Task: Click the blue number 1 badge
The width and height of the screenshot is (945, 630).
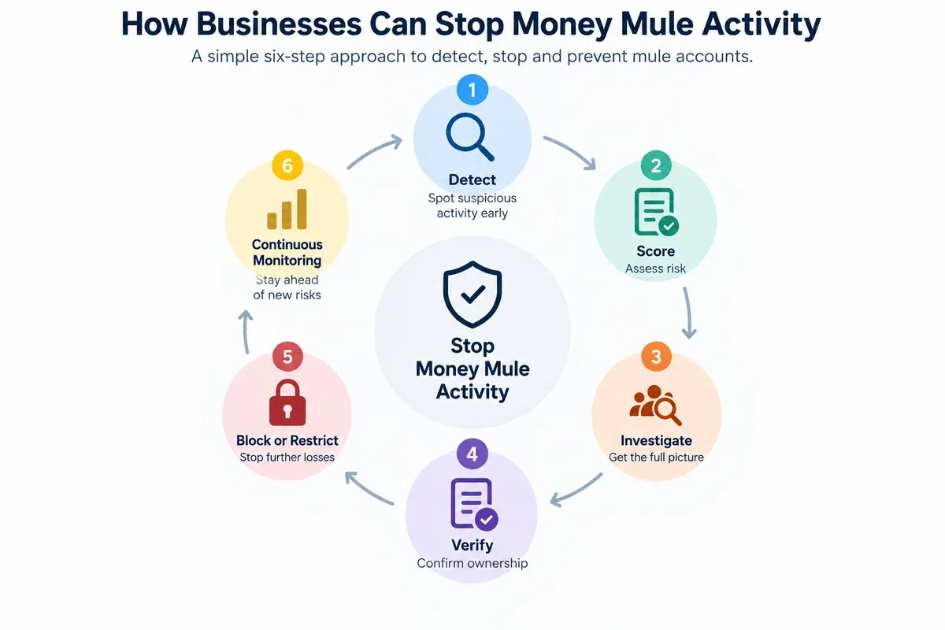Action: point(472,90)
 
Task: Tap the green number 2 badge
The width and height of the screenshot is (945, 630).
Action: point(656,165)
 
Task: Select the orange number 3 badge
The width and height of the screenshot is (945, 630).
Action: point(656,357)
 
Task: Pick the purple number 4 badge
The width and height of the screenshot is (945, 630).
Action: point(472,454)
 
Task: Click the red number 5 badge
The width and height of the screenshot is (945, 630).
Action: point(287,357)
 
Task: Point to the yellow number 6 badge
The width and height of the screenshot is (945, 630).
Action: point(287,165)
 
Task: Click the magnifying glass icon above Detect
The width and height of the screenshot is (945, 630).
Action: point(470,137)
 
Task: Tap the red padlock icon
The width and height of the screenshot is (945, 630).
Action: point(287,402)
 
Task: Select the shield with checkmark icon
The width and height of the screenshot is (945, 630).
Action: point(472,294)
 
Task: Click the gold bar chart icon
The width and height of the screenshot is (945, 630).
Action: point(287,209)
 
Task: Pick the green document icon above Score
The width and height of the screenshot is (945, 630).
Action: point(657,212)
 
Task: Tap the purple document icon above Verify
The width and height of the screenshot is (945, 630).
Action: point(474,504)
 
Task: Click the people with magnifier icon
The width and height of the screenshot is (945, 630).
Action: point(655,405)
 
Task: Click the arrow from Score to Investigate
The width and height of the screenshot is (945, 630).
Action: point(688,313)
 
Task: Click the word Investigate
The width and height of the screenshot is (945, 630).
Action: point(656,440)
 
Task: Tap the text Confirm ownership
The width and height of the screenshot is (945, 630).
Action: point(472,563)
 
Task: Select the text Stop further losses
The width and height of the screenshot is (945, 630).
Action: point(287,458)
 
